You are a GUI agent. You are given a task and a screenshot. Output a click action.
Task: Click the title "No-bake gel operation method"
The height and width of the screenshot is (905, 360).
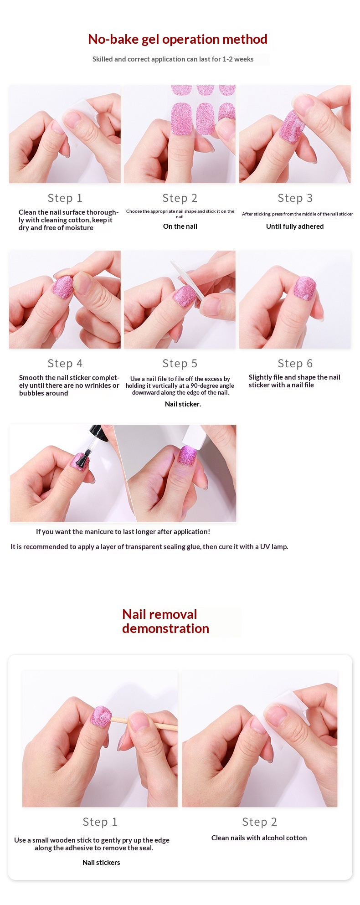pyautogui.click(x=178, y=40)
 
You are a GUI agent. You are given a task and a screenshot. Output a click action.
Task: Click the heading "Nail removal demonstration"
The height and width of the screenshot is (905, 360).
pyautogui.click(x=165, y=621)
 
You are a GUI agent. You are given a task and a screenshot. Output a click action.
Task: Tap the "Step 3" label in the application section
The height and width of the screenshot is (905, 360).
pyautogui.click(x=295, y=198)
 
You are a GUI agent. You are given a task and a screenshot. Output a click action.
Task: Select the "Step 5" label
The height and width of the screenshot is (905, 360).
pyautogui.click(x=180, y=364)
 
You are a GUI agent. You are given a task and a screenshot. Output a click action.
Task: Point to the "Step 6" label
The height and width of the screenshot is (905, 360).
pyautogui.click(x=295, y=364)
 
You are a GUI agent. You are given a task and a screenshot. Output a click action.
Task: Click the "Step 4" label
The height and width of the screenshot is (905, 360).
pyautogui.click(x=65, y=364)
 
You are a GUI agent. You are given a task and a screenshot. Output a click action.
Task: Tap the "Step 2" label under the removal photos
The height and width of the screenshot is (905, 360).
pyautogui.click(x=260, y=822)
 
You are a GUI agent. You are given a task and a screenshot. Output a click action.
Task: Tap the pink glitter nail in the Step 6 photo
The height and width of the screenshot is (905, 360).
pyautogui.click(x=304, y=288)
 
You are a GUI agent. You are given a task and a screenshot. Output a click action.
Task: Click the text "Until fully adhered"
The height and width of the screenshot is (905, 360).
pyautogui.click(x=295, y=226)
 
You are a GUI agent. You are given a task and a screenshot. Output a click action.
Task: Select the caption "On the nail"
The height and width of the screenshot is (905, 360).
pyautogui.click(x=180, y=226)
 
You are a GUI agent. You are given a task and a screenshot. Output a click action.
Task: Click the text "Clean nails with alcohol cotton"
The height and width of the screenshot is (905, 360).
pyautogui.click(x=259, y=838)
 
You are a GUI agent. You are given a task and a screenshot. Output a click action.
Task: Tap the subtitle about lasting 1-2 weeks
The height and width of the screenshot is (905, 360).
pyautogui.click(x=173, y=59)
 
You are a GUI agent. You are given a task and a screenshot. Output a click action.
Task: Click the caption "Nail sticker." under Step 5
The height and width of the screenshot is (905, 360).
pyautogui.click(x=183, y=404)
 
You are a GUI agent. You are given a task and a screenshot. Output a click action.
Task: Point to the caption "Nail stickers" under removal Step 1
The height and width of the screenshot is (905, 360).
pyautogui.click(x=101, y=863)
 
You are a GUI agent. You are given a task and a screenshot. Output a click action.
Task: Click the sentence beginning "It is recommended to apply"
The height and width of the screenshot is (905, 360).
pyautogui.click(x=149, y=547)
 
